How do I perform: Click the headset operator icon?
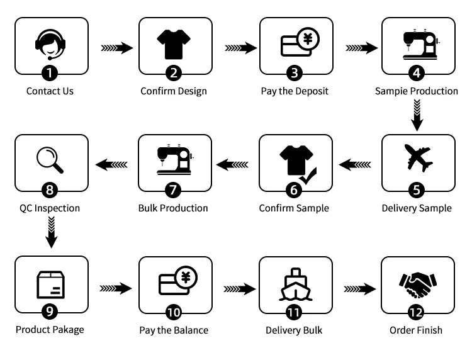click(x=51, y=44)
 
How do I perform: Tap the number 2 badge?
click(x=173, y=72)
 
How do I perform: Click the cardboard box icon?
click(x=51, y=285)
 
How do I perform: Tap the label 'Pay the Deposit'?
click(x=295, y=91)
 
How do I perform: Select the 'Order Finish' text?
click(x=416, y=330)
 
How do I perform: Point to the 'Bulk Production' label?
click(x=173, y=208)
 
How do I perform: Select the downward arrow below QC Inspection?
click(x=52, y=232)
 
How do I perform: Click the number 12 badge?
click(x=416, y=312)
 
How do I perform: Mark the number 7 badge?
click(x=173, y=189)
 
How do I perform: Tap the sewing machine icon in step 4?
click(x=416, y=43)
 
